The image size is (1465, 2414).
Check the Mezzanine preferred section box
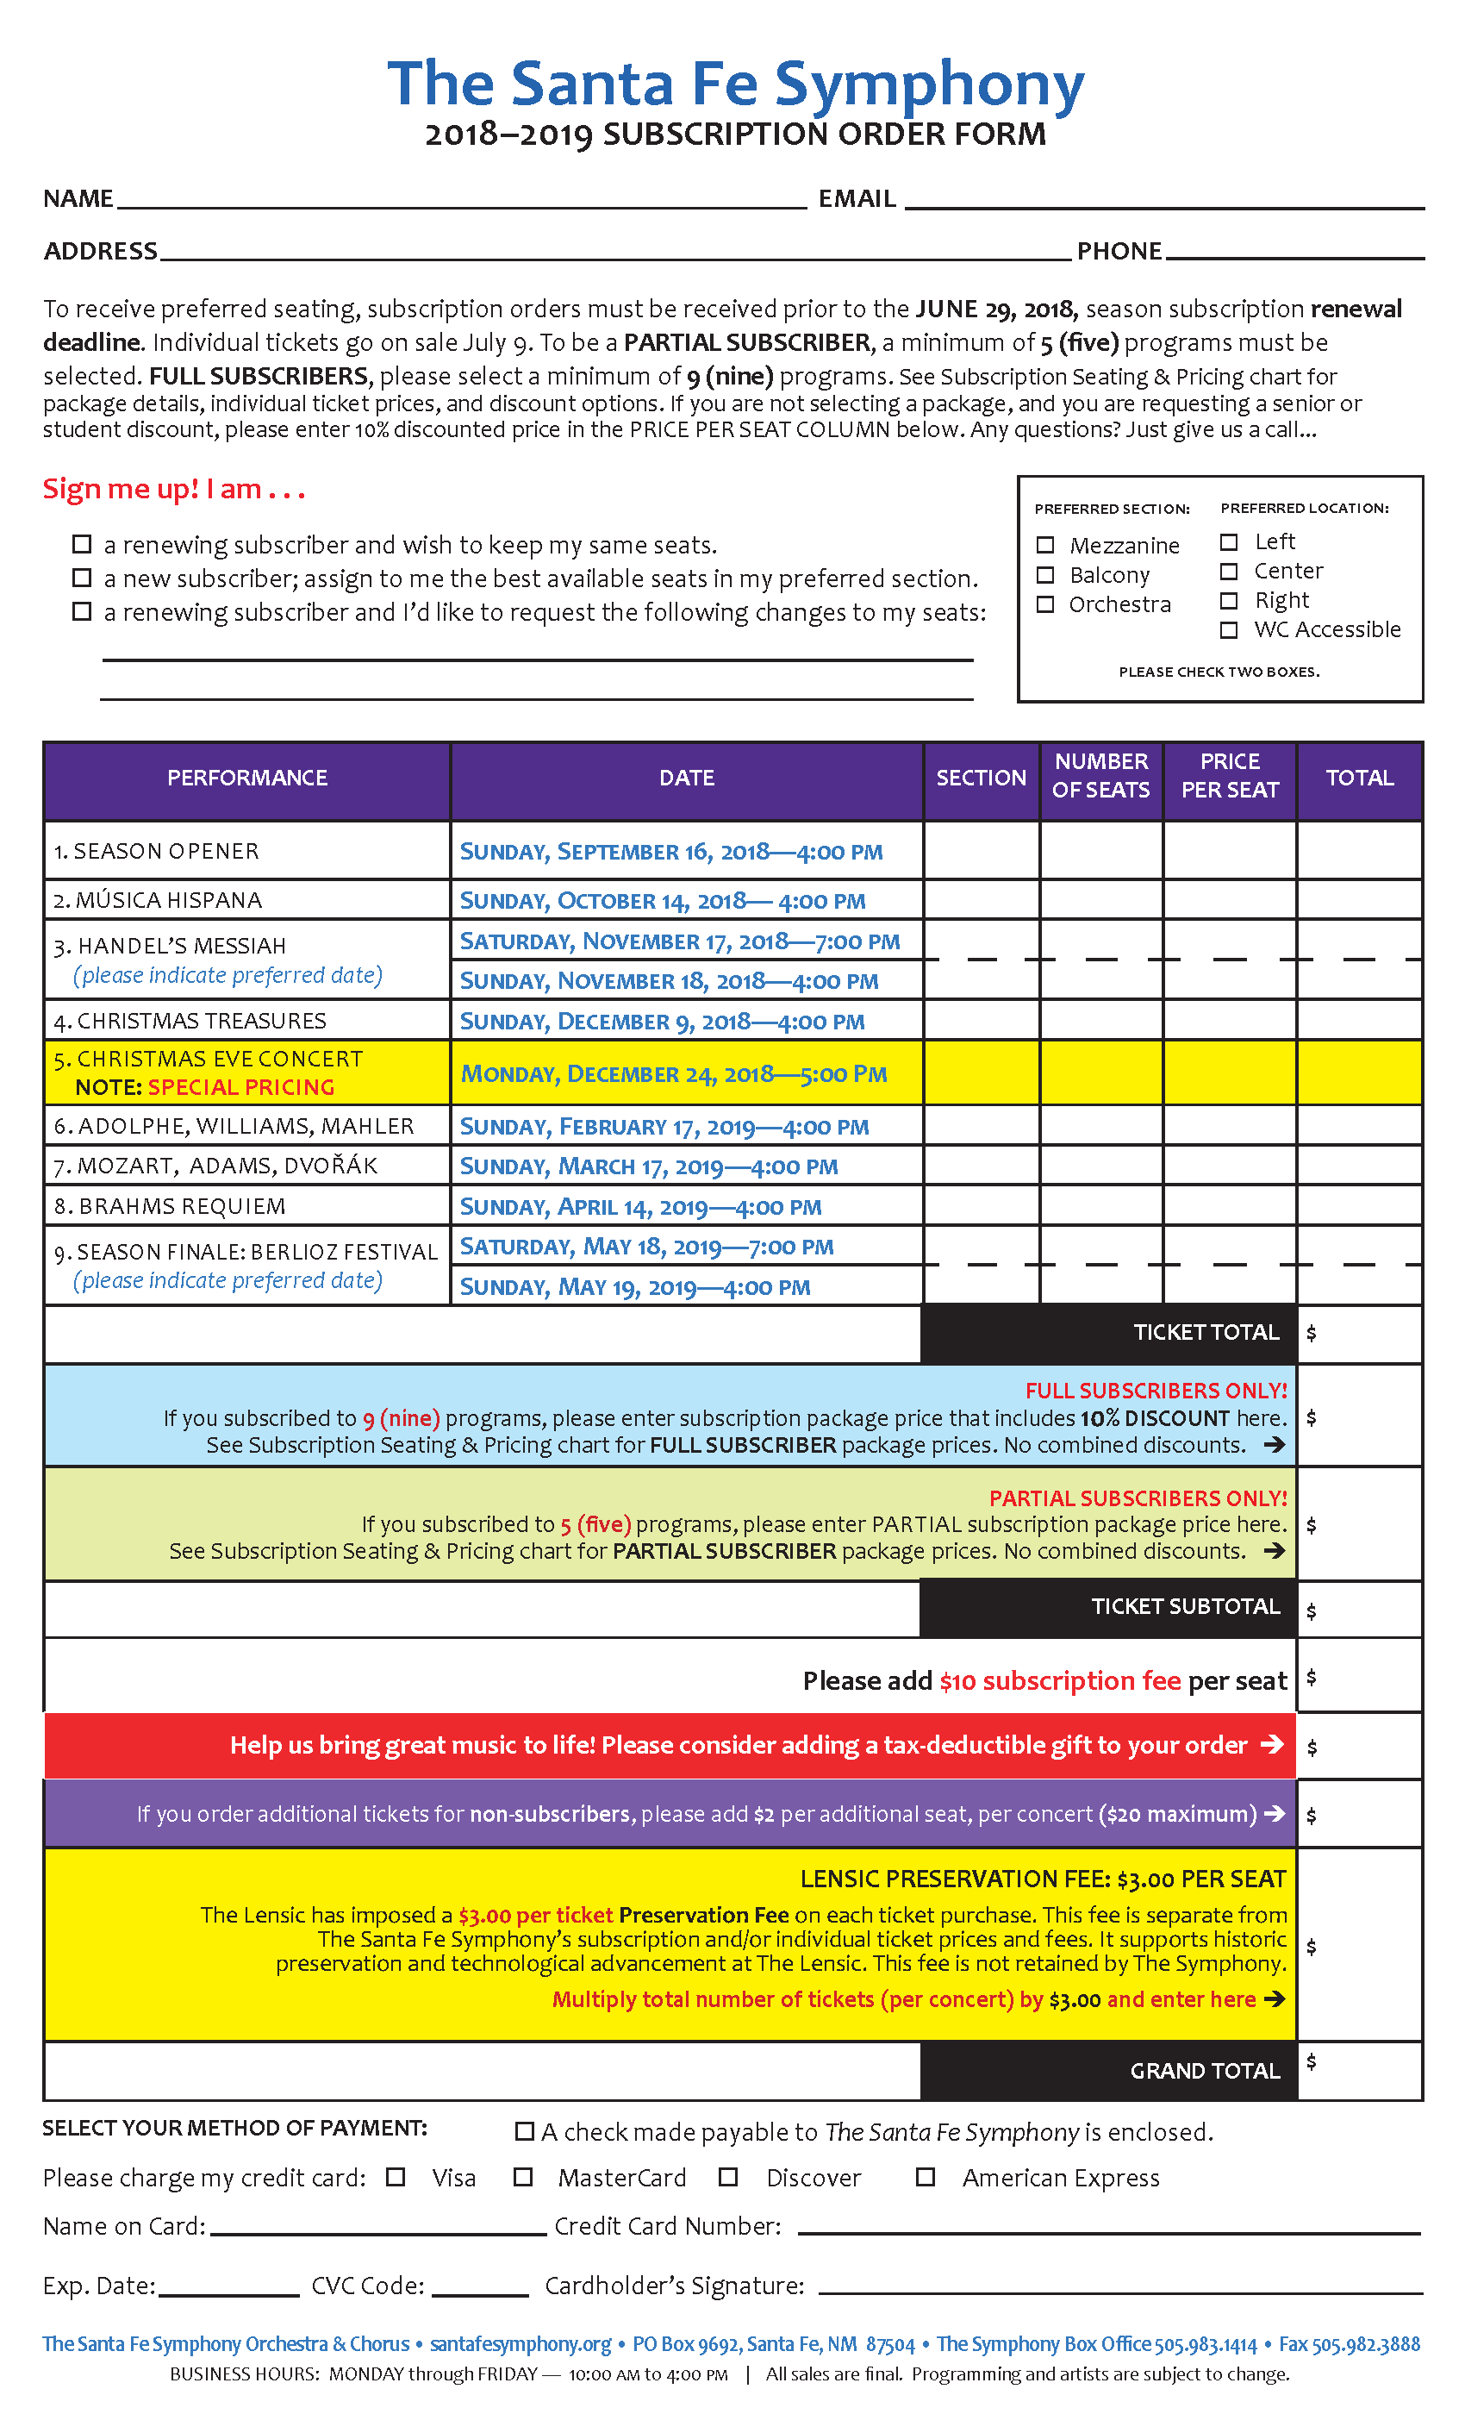(1046, 545)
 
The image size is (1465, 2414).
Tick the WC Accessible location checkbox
(1229, 630)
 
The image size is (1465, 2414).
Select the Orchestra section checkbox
(1046, 604)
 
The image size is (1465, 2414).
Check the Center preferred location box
(1229, 571)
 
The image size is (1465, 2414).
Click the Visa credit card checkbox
(396, 2177)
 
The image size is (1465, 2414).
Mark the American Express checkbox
(926, 2177)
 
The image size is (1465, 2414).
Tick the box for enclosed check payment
(525, 2131)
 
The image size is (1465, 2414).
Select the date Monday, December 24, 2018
(674, 1073)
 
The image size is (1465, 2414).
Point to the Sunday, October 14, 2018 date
(663, 900)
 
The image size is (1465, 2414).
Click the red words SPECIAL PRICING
(241, 1087)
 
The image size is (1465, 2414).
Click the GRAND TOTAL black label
(1205, 2070)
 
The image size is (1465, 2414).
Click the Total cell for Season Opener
(1359, 850)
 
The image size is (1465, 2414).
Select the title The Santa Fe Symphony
(735, 84)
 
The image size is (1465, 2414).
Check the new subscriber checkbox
(82, 578)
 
